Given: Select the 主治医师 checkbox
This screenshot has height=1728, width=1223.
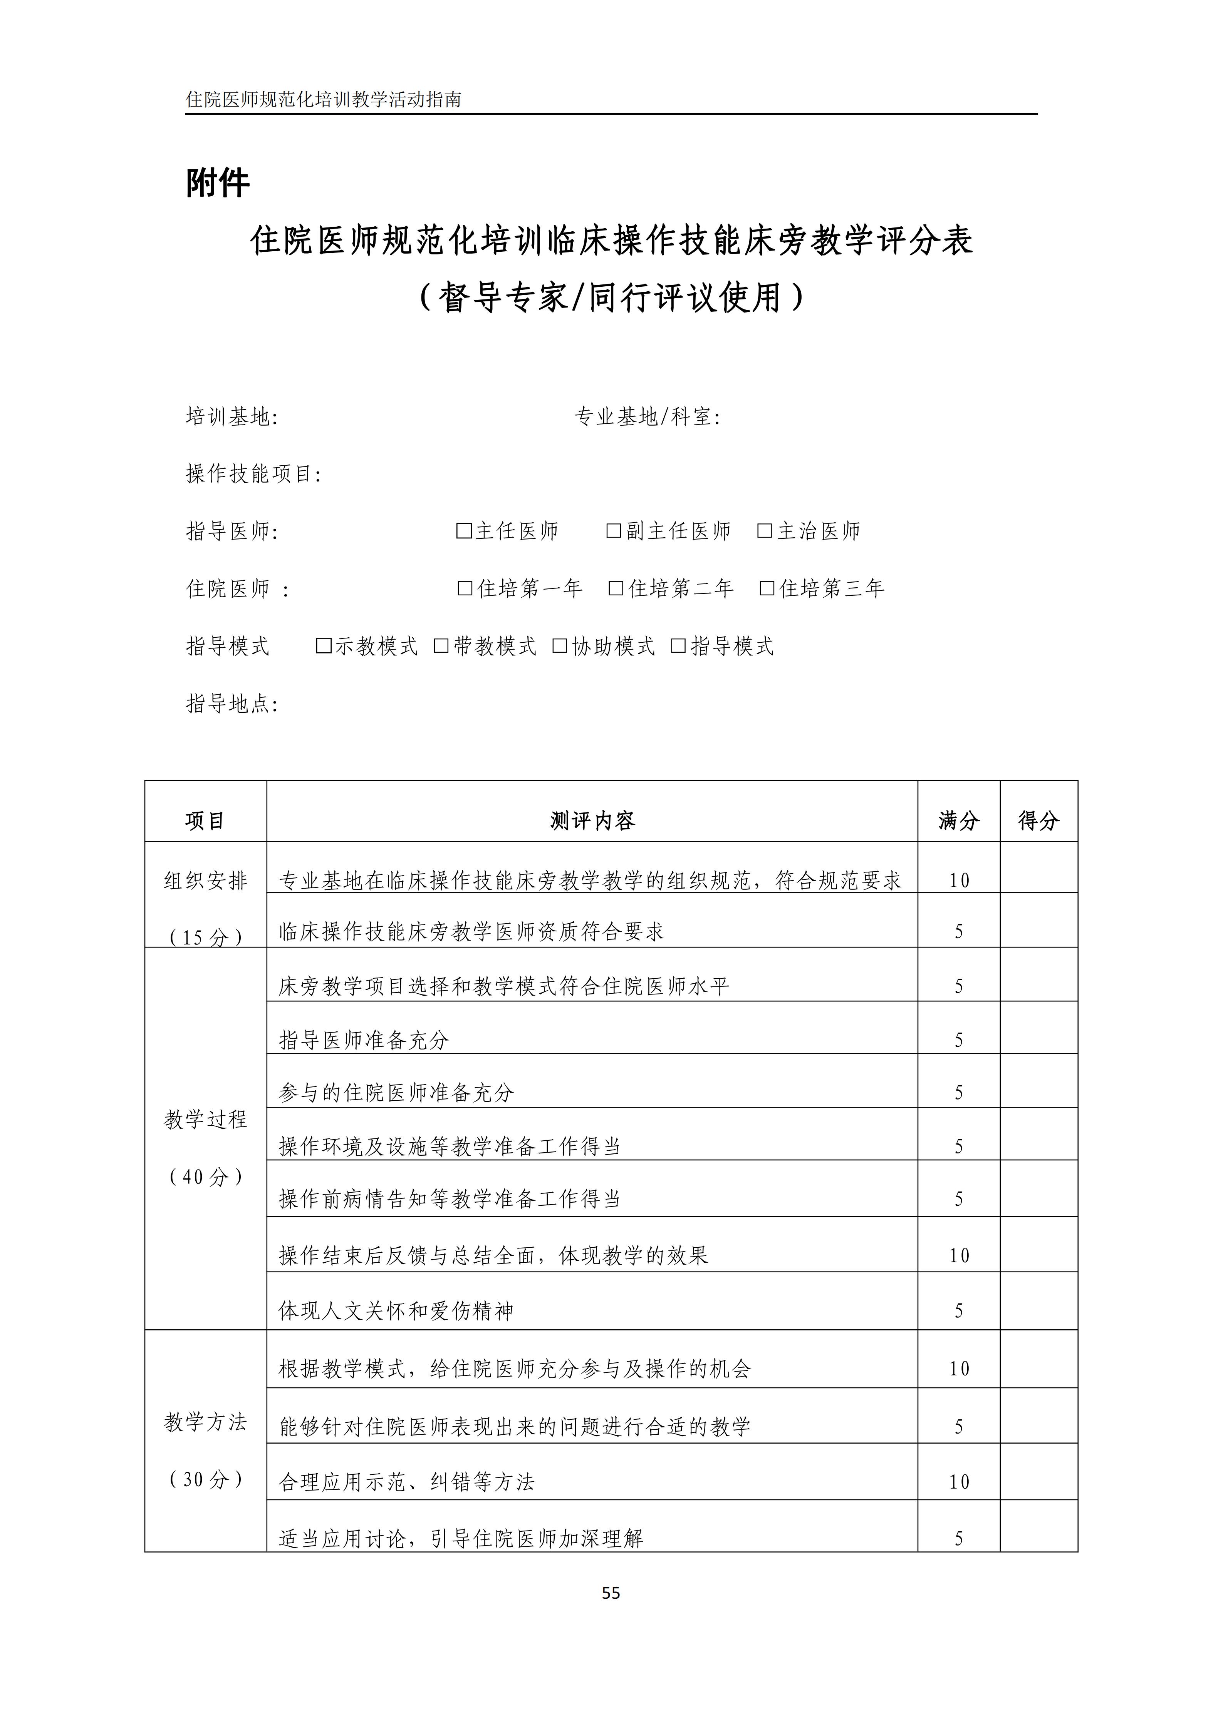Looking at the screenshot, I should (x=764, y=531).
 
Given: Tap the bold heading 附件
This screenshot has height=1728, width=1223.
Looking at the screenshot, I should (x=218, y=183).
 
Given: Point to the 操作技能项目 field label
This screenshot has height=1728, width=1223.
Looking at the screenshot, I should (x=254, y=474).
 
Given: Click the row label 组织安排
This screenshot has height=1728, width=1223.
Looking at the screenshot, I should (x=206, y=881).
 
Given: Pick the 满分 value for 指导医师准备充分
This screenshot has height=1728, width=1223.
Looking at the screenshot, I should (x=959, y=1040).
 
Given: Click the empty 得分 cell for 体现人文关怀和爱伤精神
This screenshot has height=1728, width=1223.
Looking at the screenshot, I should (x=1038, y=1310).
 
